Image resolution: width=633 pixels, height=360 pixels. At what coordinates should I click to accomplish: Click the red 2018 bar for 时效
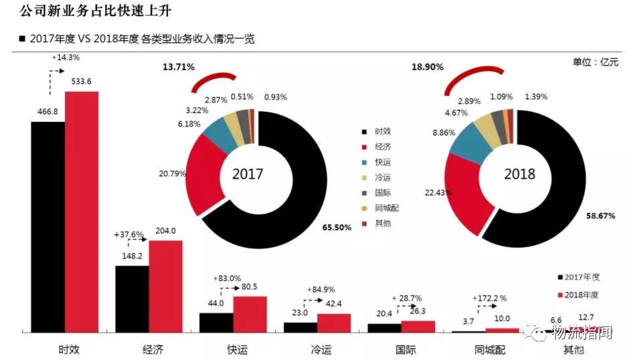click(x=82, y=211)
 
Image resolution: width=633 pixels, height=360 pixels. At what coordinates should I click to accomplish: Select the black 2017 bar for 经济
click(x=132, y=298)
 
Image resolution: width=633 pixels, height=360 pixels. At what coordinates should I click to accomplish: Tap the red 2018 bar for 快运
click(x=250, y=314)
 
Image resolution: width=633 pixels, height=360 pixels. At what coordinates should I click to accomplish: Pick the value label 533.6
click(x=81, y=82)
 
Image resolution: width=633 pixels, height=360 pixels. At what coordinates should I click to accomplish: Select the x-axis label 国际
click(x=401, y=349)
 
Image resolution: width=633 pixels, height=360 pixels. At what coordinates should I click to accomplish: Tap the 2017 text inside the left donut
click(x=248, y=174)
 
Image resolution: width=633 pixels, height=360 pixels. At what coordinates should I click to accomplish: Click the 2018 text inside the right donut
click(x=519, y=174)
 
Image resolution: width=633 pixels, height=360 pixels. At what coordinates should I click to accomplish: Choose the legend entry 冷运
click(x=385, y=177)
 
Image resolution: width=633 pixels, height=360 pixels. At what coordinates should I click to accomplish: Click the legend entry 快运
click(x=385, y=162)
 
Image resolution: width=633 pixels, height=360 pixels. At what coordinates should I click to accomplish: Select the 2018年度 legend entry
click(x=579, y=294)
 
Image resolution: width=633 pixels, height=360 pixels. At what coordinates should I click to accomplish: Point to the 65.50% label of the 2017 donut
click(x=337, y=228)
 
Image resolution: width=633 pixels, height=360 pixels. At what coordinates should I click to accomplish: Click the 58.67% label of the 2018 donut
click(x=600, y=216)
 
